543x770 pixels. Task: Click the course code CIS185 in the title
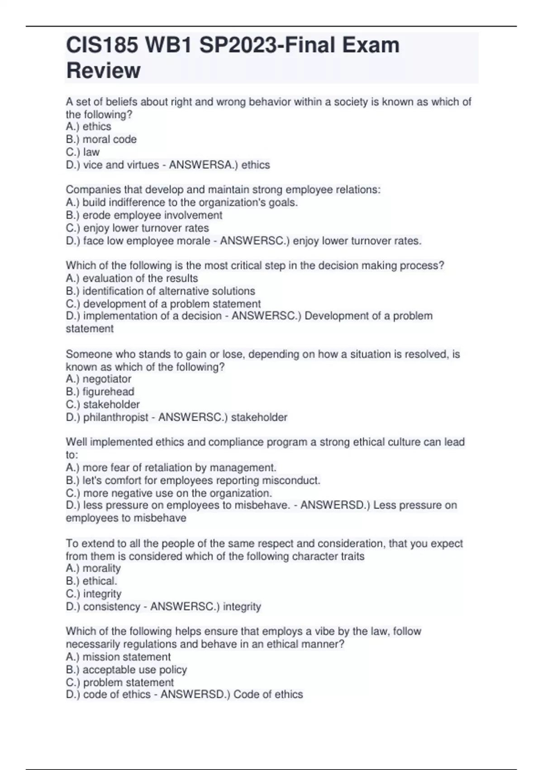[x=102, y=45]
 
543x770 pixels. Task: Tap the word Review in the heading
[x=103, y=71]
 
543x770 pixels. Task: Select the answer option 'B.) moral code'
[x=101, y=140]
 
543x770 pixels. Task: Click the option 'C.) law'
[x=82, y=152]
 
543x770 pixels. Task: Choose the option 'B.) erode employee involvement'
[x=144, y=215]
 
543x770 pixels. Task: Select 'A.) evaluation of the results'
[x=132, y=278]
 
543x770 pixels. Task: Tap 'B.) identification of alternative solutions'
[x=160, y=291]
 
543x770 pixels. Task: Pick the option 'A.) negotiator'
[x=98, y=379]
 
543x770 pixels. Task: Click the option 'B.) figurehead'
[x=100, y=392]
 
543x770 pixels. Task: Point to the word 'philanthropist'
[x=115, y=417]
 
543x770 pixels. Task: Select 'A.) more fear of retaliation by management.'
[x=171, y=467]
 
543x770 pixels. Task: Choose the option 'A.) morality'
[x=93, y=568]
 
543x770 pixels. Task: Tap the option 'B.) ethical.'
[x=91, y=581]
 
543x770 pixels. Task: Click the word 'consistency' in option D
[x=111, y=606]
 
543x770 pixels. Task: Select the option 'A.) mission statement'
[x=118, y=657]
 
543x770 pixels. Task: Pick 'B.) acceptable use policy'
[x=126, y=669]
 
